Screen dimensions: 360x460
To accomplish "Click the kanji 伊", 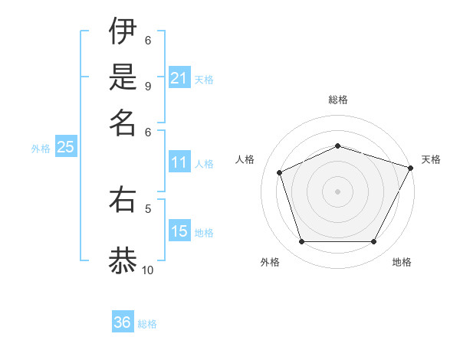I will [x=123, y=33].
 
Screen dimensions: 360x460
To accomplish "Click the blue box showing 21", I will [x=179, y=78].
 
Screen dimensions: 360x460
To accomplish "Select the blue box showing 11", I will [x=179, y=162].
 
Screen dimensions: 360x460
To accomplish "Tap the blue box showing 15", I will [x=179, y=231].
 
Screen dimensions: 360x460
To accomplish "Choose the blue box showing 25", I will [x=65, y=148].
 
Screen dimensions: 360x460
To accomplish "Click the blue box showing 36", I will [x=123, y=322].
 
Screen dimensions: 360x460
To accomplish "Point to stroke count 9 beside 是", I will [x=148, y=85].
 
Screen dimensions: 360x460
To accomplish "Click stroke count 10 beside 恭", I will [x=148, y=270].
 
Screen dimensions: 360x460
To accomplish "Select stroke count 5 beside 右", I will [x=148, y=208].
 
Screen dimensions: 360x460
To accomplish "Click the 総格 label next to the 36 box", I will [x=147, y=324].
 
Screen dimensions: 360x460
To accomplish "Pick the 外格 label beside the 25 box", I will [x=41, y=149].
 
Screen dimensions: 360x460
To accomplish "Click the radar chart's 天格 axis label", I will [x=431, y=159].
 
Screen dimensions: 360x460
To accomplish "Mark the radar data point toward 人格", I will [x=280, y=172].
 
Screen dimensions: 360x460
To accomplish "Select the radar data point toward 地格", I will [x=373, y=241].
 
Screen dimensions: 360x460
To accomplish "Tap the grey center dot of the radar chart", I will [x=337, y=191].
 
